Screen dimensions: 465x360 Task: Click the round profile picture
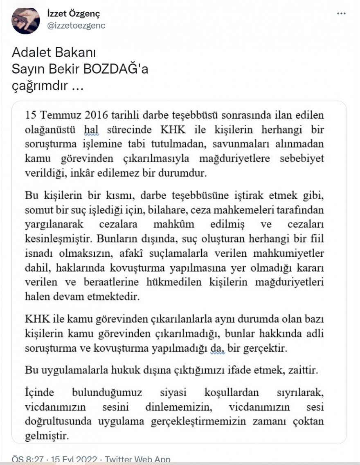pos(26,21)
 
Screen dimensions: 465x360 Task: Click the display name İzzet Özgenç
pos(74,13)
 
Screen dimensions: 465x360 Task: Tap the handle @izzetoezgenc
pos(76,25)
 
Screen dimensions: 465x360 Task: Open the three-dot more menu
pos(341,13)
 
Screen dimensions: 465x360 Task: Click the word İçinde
pos(39,393)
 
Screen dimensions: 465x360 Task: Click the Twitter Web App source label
pos(137,460)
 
